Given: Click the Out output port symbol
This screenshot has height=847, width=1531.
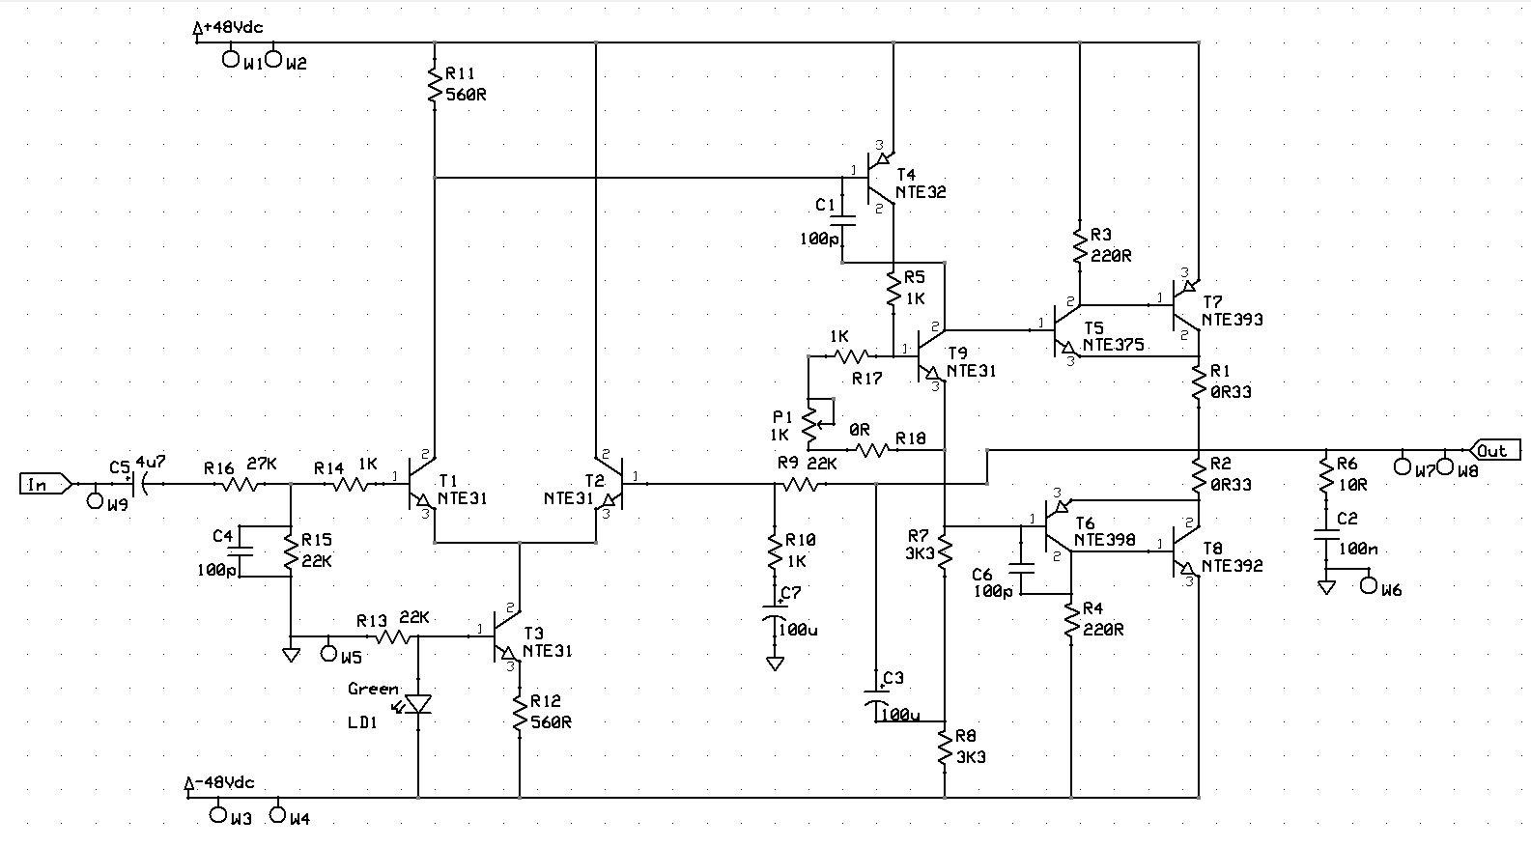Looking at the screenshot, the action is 1494,450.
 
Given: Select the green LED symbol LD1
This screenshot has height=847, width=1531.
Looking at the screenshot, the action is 417,705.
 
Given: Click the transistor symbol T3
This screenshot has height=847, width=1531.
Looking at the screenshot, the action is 507,636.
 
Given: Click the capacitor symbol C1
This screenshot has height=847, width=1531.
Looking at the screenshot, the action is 842,220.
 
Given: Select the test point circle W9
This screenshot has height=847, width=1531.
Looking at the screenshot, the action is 95,502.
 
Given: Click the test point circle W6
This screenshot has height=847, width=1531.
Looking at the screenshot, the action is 1369,585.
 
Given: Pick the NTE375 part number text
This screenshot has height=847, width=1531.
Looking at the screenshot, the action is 1114,345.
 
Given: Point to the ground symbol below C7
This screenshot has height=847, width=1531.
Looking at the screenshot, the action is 775,663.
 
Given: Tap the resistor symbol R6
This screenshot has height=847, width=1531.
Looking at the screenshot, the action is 1325,474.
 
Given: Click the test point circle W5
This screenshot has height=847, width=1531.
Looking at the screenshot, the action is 328,654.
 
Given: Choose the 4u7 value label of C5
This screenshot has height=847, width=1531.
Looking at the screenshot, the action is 151,463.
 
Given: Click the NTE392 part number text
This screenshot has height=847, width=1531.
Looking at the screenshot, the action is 1233,566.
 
